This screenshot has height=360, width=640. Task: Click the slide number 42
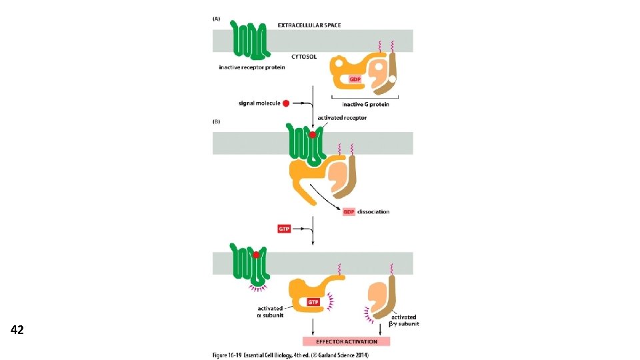pyautogui.click(x=17, y=329)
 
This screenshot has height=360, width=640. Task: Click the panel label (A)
pyautogui.click(x=216, y=19)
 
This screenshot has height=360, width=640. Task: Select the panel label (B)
pyautogui.click(x=216, y=123)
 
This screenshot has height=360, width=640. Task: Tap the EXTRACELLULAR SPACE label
pyautogui.click(x=309, y=25)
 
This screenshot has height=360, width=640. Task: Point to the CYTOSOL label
pyautogui.click(x=304, y=57)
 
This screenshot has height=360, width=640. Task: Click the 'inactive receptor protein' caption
pyautogui.click(x=252, y=67)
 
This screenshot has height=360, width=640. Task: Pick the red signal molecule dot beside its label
pyautogui.click(x=286, y=103)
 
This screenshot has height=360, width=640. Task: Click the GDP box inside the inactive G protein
pyautogui.click(x=355, y=79)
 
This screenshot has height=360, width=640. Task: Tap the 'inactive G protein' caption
pyautogui.click(x=365, y=104)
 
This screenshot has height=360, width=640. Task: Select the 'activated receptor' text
pyautogui.click(x=342, y=118)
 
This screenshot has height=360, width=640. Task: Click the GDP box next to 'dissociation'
pyautogui.click(x=350, y=212)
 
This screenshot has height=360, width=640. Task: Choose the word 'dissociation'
pyautogui.click(x=374, y=212)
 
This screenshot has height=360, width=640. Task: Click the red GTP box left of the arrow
pyautogui.click(x=285, y=229)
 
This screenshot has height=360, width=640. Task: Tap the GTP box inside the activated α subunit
pyautogui.click(x=313, y=302)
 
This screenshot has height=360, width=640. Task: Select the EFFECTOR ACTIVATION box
pyautogui.click(x=345, y=341)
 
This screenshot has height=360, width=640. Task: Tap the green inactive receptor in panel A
pyautogui.click(x=250, y=40)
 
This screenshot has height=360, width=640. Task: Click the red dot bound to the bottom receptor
pyautogui.click(x=255, y=254)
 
